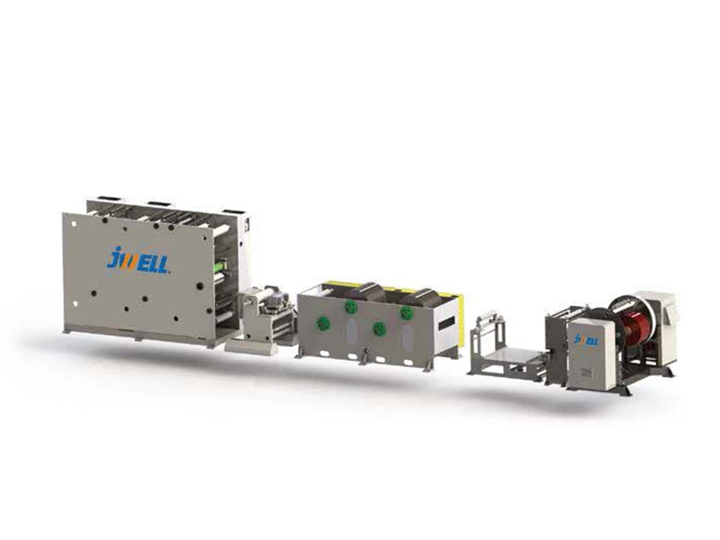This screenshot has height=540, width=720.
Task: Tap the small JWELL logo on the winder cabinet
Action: [587, 340]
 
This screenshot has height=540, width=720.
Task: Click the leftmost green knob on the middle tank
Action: [323, 323]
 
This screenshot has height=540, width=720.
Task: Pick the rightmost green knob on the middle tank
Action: [407, 313]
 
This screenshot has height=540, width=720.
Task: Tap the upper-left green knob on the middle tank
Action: [352, 306]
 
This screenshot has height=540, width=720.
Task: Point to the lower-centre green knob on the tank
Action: [379, 328]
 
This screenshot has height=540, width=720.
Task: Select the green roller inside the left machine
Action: [222, 266]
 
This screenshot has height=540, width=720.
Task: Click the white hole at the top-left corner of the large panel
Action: [75, 223]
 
